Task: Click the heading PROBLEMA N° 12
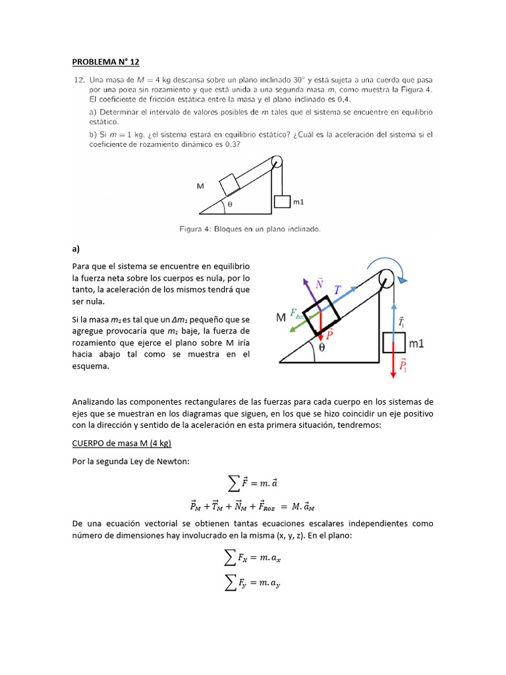pos(105,62)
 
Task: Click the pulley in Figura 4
pos(277,162)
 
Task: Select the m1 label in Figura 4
pos(298,202)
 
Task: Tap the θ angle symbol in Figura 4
pos(229,205)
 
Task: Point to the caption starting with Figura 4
pos(250,229)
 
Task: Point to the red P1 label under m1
pos(403,366)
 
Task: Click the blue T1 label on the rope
pos(403,322)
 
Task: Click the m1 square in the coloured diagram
pos(393,343)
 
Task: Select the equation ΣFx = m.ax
pos(252,559)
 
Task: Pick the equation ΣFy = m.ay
pos(252,581)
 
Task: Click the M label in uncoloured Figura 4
pos(200,187)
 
